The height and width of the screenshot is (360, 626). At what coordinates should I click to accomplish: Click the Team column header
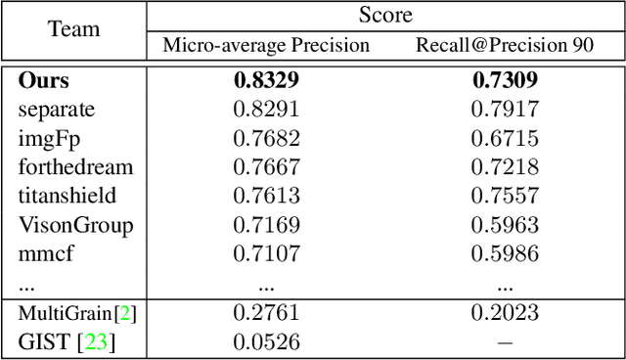tap(74, 29)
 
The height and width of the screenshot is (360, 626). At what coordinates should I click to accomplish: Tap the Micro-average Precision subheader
tap(266, 45)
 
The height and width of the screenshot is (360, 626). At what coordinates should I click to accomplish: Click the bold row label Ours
tap(44, 81)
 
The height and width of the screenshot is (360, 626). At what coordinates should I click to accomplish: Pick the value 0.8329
tap(266, 81)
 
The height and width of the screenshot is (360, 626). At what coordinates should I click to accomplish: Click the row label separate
tap(57, 110)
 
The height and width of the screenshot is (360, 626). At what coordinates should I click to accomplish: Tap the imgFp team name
tap(49, 139)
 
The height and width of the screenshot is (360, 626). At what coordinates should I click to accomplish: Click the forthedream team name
tap(75, 167)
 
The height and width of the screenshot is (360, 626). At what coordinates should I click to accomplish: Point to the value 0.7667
tap(266, 167)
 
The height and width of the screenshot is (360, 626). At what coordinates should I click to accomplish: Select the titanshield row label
tap(67, 197)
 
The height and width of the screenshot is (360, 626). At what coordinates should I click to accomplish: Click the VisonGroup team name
tap(76, 226)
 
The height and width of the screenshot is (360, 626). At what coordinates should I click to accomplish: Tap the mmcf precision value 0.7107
tap(266, 254)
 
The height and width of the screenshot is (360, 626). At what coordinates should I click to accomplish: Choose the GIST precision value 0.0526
tap(266, 341)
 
